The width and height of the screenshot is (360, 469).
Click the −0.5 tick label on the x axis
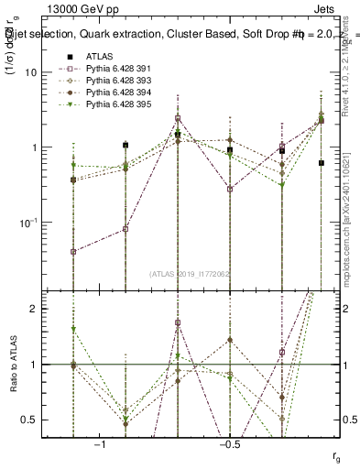(x=229, y=443)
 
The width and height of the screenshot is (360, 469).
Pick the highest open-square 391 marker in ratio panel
(x=178, y=322)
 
